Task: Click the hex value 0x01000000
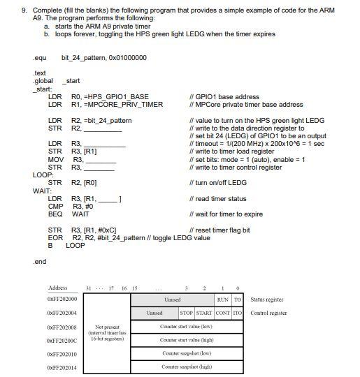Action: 127,57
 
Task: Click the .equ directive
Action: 40,57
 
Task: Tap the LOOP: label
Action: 43,175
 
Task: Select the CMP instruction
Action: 55,207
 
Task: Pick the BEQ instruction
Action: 55,214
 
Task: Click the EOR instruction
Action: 55,238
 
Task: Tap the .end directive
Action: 39,262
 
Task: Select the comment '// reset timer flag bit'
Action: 219,230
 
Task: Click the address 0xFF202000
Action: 62,300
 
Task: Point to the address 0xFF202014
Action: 62,367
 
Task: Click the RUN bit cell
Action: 222,300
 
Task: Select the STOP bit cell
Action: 187,313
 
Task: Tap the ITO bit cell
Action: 238,313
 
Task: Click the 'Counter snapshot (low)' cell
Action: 186,353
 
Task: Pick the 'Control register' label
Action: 268,313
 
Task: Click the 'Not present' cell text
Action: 108,327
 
